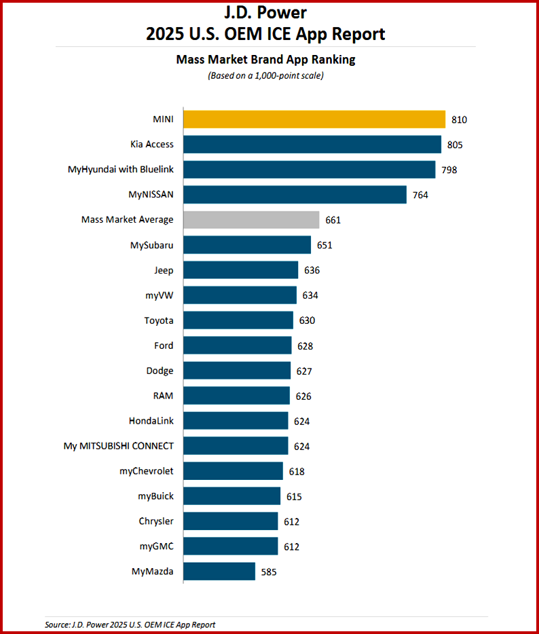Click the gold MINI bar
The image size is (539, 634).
[x=314, y=119]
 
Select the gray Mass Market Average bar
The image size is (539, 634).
[x=251, y=219]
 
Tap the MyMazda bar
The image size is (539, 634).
[x=219, y=571]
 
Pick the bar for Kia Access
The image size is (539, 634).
[x=312, y=144]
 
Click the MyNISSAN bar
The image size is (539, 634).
[x=295, y=194]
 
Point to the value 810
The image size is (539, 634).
[x=459, y=119]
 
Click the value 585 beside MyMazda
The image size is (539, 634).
[x=268, y=572]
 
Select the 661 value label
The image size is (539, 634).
[x=333, y=220]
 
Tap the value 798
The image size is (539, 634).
[x=449, y=170]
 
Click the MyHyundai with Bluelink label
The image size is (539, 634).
[x=121, y=170]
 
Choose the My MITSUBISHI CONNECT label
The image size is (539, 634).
[x=119, y=446]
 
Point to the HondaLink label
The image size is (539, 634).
[x=151, y=421]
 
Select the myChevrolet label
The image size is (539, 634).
[x=146, y=471]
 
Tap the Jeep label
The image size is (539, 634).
[x=164, y=270]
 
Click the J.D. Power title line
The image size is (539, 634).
[x=265, y=12]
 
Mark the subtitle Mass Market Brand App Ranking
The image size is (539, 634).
[x=265, y=60]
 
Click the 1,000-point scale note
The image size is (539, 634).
[x=265, y=75]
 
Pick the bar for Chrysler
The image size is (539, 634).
[x=231, y=521]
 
